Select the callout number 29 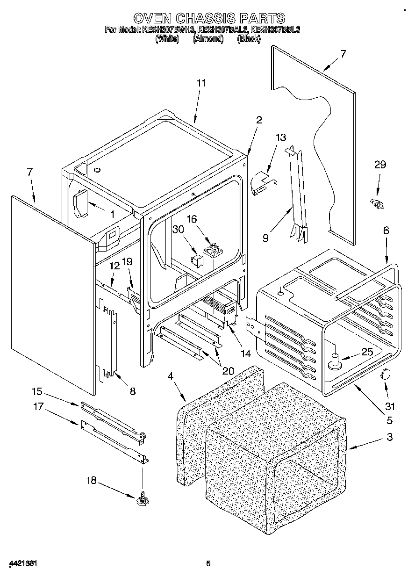click(380, 164)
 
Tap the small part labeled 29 click(377, 204)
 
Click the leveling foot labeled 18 click(141, 500)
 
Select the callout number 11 click(201, 83)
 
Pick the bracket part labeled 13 click(263, 182)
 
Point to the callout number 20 click(228, 371)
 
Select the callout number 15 click(37, 390)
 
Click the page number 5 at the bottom click(208, 563)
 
